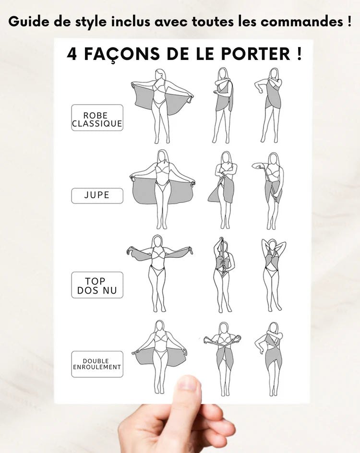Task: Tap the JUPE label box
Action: click(x=97, y=195)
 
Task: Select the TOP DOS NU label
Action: click(x=97, y=285)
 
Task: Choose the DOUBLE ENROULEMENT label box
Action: click(x=97, y=364)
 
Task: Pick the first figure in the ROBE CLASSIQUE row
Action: click(x=162, y=106)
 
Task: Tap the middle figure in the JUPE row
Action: click(x=223, y=190)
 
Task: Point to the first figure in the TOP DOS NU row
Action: click(x=159, y=273)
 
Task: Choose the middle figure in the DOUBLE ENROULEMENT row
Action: click(x=223, y=358)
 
